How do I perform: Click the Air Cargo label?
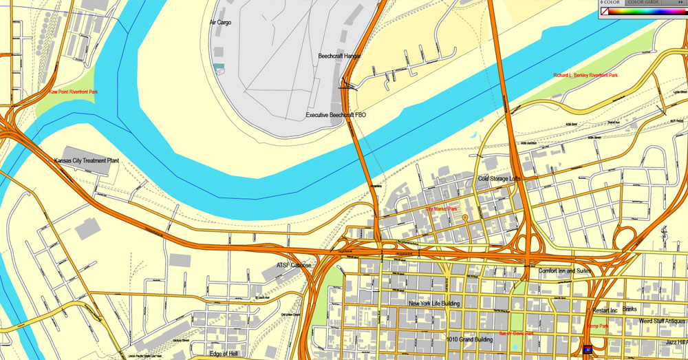[x=221, y=22]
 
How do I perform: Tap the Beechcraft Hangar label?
[x=340, y=56]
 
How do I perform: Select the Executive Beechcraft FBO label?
[x=336, y=115]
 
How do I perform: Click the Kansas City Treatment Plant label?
[x=87, y=160]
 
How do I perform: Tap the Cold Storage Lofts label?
[x=499, y=179]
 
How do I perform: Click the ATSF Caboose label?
[x=294, y=265]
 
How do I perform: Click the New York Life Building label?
[x=434, y=304]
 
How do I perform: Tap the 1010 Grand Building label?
[x=469, y=339]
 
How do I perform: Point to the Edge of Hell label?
[x=227, y=354]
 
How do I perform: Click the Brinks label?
[x=630, y=309]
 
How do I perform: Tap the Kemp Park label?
[x=597, y=326]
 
